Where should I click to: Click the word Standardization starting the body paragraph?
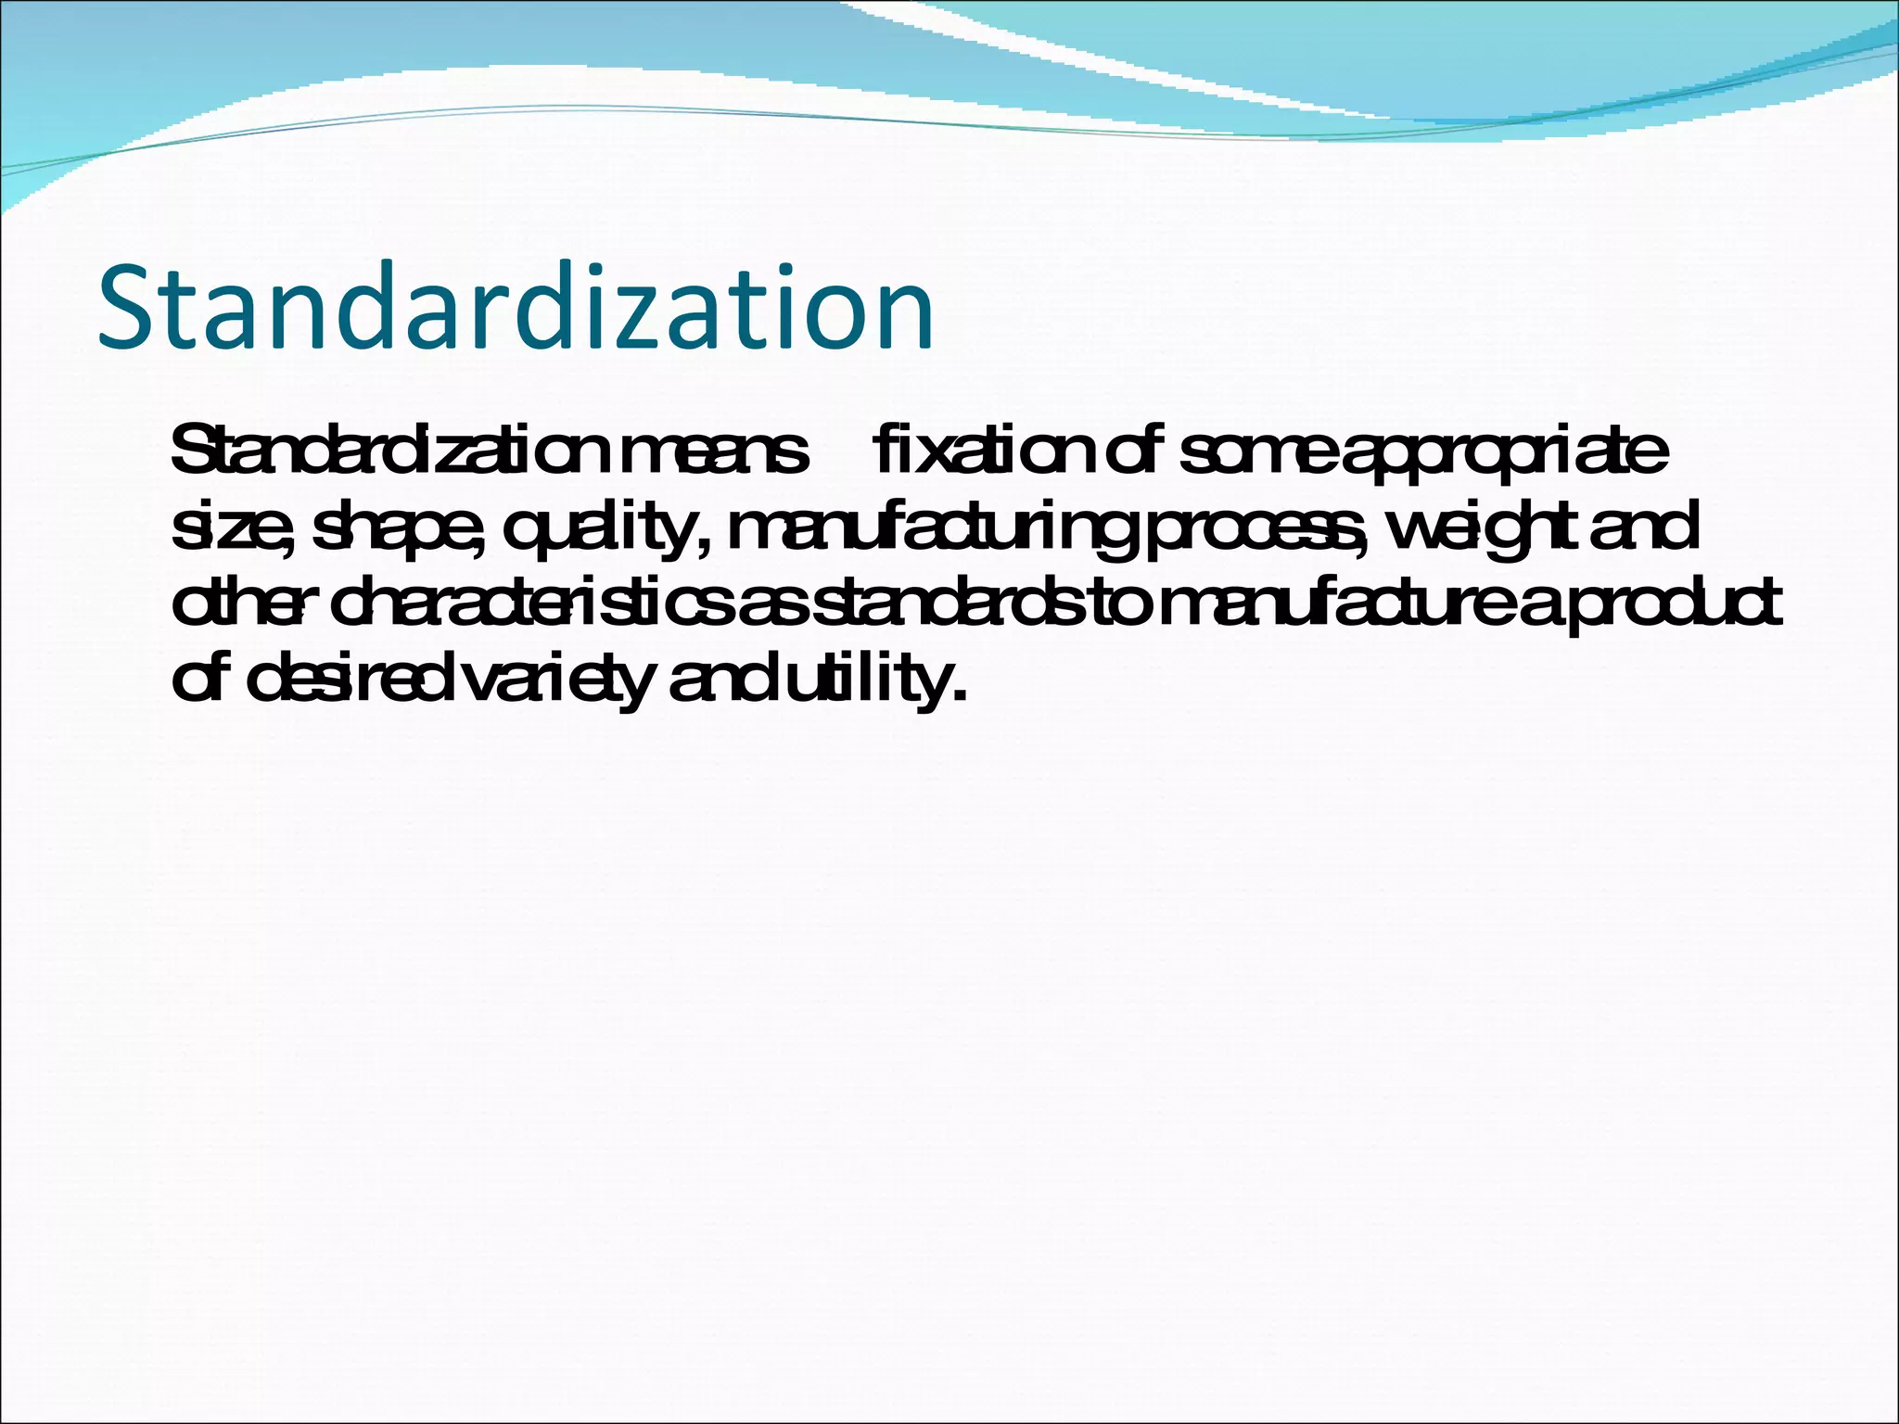[x=389, y=453]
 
